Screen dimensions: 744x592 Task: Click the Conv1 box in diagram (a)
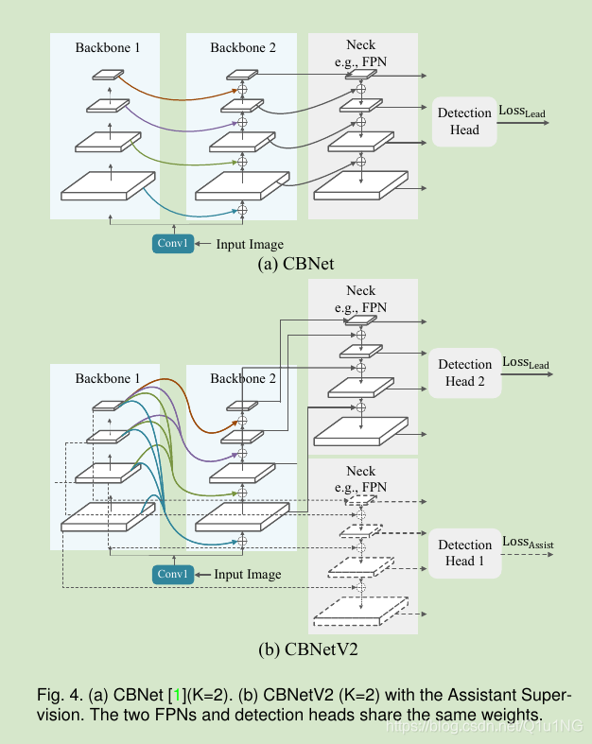tap(173, 244)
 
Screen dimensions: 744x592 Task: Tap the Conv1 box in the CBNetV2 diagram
tap(173, 574)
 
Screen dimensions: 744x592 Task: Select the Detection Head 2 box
tap(464, 372)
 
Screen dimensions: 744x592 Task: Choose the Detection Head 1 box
tap(464, 553)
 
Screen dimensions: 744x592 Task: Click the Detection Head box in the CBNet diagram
tap(464, 121)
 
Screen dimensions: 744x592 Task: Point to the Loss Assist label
tap(528, 542)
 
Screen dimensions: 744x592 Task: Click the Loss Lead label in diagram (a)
tap(522, 112)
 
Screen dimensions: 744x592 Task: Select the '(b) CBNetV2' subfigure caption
tap(296, 650)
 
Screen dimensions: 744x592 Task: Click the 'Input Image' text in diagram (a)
tap(250, 245)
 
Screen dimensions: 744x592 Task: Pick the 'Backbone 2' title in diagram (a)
tap(241, 46)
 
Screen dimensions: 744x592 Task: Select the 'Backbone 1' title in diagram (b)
tap(107, 378)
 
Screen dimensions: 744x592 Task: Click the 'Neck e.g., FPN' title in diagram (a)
tap(361, 52)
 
